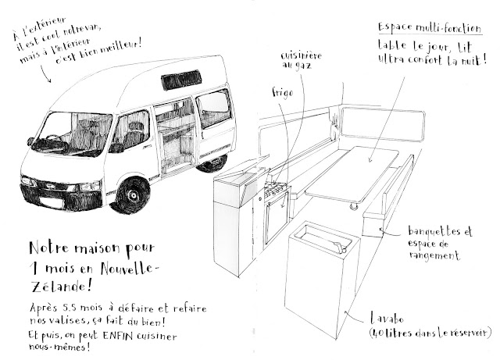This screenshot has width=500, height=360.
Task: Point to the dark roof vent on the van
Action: [181, 80]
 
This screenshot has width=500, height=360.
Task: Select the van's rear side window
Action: [214, 108]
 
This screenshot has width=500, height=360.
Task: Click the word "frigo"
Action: [283, 93]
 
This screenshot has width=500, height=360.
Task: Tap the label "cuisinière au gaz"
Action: [302, 60]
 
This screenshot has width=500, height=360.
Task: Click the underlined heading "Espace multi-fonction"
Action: [430, 28]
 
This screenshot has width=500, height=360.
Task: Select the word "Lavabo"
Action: [387, 319]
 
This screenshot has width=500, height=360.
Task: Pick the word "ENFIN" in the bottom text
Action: [118, 336]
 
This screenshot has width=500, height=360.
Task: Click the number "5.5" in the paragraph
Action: [70, 308]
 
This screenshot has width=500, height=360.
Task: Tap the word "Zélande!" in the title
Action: [62, 287]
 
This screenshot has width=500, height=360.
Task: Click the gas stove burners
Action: [275, 188]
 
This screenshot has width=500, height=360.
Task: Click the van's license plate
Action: [50, 203]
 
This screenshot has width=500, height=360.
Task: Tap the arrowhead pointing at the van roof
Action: [48, 80]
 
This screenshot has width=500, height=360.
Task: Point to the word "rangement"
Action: [434, 255]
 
